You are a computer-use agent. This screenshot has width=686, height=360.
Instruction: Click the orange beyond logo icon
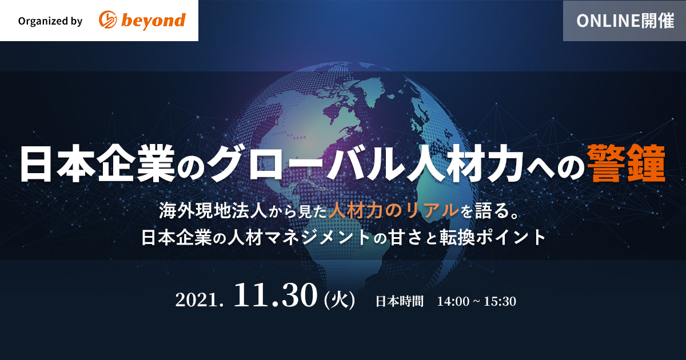(x=107, y=20)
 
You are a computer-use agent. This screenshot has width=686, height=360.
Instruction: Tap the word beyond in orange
(x=153, y=21)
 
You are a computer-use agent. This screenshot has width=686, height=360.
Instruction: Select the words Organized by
(x=50, y=21)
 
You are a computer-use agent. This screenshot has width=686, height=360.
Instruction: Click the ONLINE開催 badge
(x=624, y=21)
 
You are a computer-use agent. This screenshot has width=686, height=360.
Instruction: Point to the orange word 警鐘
(x=626, y=164)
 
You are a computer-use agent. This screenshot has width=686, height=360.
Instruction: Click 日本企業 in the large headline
(x=97, y=164)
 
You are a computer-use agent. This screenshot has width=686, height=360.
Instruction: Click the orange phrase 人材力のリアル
(x=394, y=211)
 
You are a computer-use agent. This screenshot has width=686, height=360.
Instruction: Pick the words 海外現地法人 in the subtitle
(x=213, y=211)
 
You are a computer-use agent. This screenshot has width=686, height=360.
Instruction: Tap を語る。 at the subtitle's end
(x=490, y=211)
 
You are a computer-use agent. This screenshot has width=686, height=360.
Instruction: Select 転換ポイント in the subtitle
(x=493, y=238)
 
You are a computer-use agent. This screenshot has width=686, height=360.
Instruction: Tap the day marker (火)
(x=340, y=301)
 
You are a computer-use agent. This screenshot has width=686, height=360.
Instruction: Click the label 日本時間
(x=400, y=301)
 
